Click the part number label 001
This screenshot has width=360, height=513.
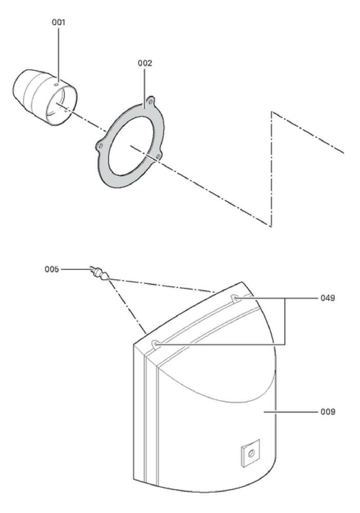58,22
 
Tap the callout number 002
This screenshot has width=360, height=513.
145,63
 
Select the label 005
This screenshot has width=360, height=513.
52,269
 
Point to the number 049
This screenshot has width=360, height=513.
328,298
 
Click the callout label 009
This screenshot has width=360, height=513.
328,411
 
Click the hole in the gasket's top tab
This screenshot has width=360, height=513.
151,102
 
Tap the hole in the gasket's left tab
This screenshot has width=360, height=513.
101,145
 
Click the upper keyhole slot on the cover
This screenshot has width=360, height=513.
235,298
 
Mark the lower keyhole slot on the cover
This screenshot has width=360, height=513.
156,344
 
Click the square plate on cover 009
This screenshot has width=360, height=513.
250,453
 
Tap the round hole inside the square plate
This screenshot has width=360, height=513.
251,453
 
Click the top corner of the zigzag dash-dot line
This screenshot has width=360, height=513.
271,112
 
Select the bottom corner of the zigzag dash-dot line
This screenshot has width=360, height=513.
271,226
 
